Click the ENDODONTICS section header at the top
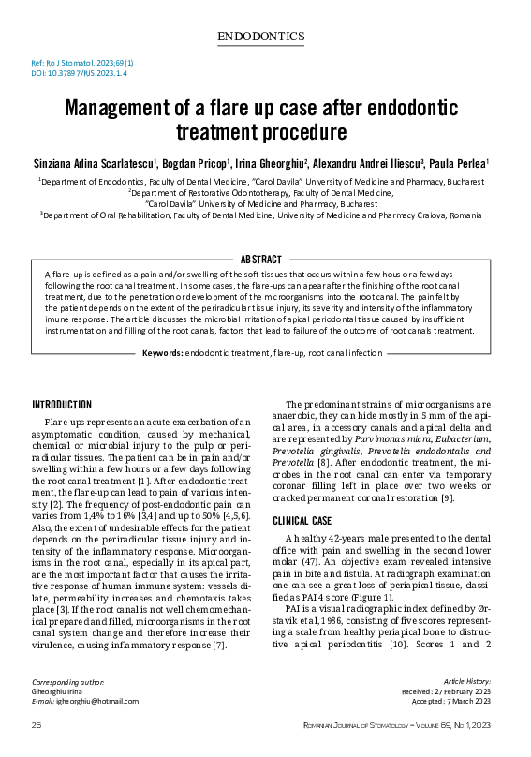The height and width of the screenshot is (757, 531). coord(265,37)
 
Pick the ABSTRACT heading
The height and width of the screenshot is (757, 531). coord(265,259)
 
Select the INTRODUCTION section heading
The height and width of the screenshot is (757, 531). coord(62,405)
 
